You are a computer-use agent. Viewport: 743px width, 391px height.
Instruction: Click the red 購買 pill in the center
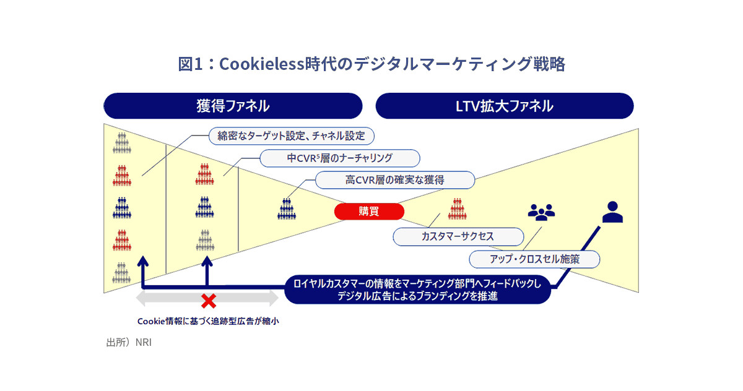(369, 212)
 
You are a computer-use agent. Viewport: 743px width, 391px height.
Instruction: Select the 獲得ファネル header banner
(233, 106)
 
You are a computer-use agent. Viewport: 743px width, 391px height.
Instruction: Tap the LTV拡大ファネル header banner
(505, 106)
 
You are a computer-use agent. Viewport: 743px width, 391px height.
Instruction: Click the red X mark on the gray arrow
(209, 301)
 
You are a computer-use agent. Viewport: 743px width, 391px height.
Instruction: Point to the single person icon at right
(612, 212)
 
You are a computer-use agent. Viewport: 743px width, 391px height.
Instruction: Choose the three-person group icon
(541, 212)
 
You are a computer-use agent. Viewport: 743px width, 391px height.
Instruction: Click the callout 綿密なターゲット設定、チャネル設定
(292, 135)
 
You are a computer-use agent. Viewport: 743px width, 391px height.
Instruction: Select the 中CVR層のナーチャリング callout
(339, 158)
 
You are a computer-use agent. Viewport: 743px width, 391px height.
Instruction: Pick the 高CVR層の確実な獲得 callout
(395, 180)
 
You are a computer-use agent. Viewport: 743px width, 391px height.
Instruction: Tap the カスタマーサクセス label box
(458, 236)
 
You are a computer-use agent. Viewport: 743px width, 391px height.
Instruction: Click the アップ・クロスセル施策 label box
(534, 259)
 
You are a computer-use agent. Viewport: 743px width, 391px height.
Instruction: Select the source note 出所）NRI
(129, 342)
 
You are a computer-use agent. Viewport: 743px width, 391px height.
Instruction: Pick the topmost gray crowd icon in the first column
(121, 143)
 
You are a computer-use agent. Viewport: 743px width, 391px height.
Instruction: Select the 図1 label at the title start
(190, 64)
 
